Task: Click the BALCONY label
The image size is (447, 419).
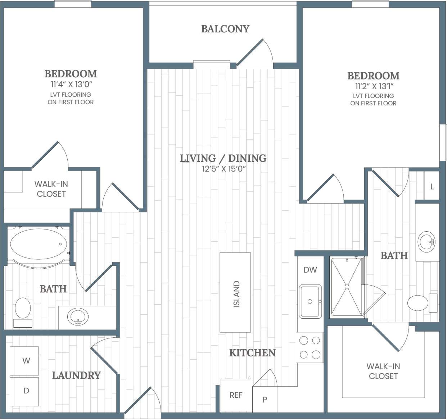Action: [225, 29]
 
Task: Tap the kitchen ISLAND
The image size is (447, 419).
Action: [235, 292]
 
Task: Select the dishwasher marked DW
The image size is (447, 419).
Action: [310, 270]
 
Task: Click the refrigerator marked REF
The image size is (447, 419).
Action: [236, 395]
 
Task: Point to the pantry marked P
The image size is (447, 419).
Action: [265, 399]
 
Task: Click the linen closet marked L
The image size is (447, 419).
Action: [432, 186]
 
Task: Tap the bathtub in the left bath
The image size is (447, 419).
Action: [39, 244]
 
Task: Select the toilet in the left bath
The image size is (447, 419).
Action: [23, 309]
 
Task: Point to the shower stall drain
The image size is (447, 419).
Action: [347, 287]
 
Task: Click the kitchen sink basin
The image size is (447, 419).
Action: [310, 301]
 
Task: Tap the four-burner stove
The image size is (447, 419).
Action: [310, 347]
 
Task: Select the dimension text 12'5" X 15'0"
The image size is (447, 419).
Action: [223, 169]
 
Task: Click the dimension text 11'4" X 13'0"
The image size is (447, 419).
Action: [71, 85]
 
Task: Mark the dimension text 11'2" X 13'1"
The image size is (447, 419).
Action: [373, 87]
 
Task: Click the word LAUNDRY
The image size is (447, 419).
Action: [76, 375]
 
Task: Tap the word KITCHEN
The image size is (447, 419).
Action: [252, 353]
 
